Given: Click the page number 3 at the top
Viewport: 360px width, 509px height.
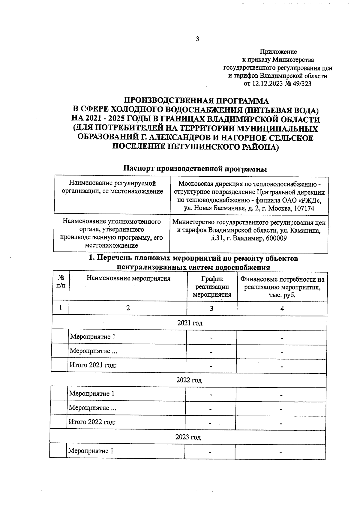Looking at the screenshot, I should point(197,39).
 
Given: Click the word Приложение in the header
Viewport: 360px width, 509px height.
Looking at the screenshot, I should point(278,52).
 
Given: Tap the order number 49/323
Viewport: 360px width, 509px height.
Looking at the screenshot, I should point(301,84).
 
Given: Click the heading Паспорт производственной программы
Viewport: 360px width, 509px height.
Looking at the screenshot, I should point(195,169).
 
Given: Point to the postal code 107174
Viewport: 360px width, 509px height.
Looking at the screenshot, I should point(304,208).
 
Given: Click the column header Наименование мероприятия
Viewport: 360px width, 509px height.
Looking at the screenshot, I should point(128,278).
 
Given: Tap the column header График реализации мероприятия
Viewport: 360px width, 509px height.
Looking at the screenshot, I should point(212,286).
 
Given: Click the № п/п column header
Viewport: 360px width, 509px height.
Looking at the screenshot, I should point(61,282).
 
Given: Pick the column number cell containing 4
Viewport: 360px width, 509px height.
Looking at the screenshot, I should point(282,309).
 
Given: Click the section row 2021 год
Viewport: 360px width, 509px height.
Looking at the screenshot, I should point(190,323).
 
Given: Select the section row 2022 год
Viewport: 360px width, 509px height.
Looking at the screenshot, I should point(189,380).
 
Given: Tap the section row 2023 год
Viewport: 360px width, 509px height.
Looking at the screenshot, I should point(188,437).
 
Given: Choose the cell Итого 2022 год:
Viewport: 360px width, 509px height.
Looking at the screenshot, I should point(92,422).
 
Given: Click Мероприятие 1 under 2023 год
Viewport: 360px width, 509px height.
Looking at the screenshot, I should point(91,451).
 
